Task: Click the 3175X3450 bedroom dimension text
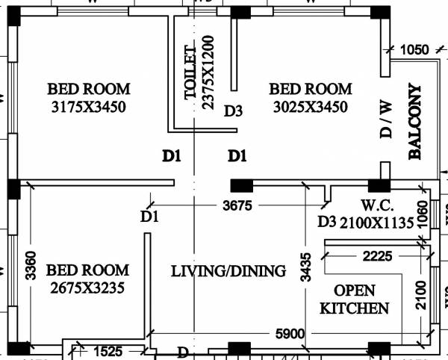click(89, 107)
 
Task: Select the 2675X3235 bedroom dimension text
click(87, 287)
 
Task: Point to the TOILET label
click(190, 73)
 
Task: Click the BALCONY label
click(415, 122)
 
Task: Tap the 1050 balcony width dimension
click(414, 50)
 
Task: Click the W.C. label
click(373, 205)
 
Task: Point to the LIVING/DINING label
click(228, 271)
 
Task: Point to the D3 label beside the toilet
click(234, 111)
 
